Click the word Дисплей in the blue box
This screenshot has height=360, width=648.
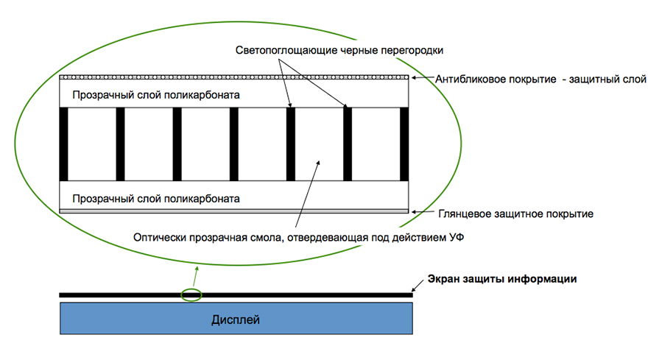tap(236, 320)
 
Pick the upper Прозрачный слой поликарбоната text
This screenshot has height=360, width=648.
tap(156, 96)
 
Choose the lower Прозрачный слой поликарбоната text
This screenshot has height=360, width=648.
tap(156, 199)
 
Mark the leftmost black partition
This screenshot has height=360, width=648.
tap(64, 144)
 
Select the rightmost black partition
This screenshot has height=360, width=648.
tap(404, 144)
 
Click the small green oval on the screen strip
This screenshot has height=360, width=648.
tap(191, 295)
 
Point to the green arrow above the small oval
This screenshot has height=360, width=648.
tap(195, 277)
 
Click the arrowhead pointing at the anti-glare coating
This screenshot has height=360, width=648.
tap(414, 77)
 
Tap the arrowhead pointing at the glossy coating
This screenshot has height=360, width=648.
tap(415, 212)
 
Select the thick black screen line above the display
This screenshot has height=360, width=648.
tap(295, 295)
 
